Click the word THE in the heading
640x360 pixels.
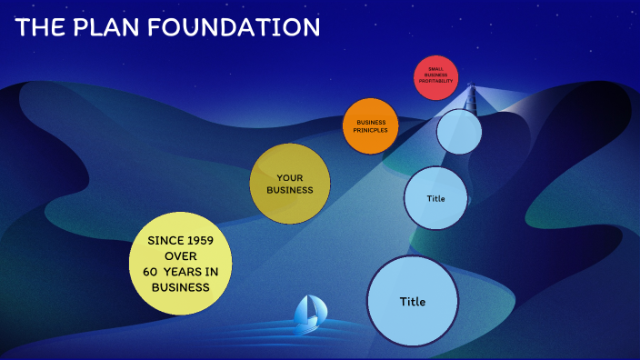pyautogui.click(x=38, y=27)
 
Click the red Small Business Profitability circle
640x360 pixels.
pyautogui.click(x=435, y=76)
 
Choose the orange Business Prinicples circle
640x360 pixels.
pyautogui.click(x=371, y=125)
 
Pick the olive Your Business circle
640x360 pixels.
pyautogui.click(x=290, y=184)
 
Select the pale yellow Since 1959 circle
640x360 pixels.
pyautogui.click(x=180, y=264)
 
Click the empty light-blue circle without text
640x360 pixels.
pyautogui.click(x=459, y=132)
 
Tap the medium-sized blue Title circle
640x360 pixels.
pyautogui.click(x=435, y=198)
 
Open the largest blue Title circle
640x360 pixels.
pyautogui.click(x=412, y=301)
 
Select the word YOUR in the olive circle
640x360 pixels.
pyautogui.click(x=290, y=177)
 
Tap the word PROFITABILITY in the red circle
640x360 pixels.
pyautogui.click(x=435, y=82)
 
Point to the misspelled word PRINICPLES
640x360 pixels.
pyautogui.click(x=371, y=130)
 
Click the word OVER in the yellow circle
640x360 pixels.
pyautogui.click(x=180, y=256)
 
